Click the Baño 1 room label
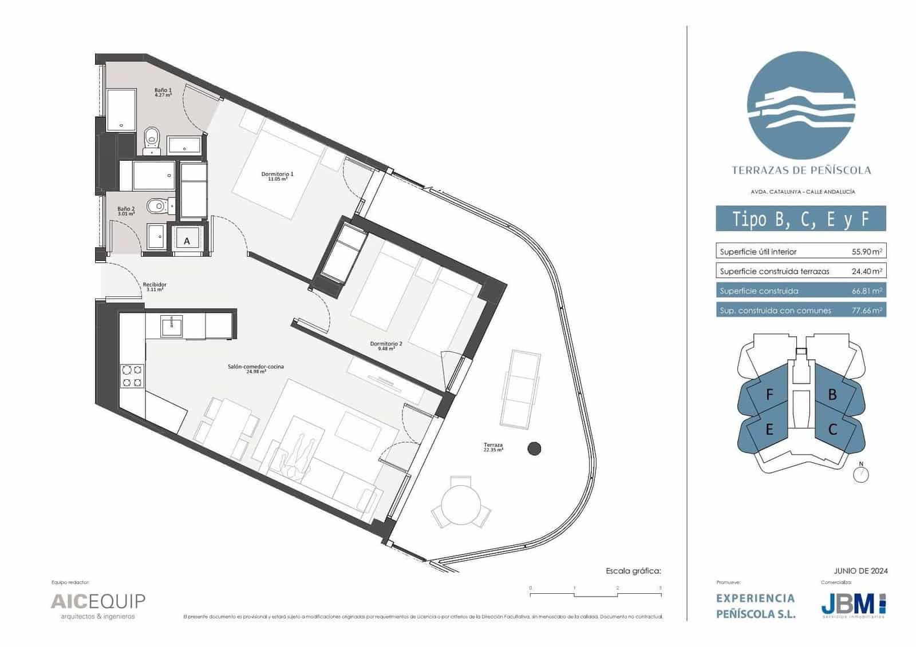coord(163,92)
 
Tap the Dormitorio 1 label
coord(277,176)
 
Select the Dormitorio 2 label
coord(386,345)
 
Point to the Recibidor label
coord(155,286)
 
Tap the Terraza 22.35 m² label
coord(493,447)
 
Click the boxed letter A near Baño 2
coord(187,241)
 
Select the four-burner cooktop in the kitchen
coord(132,376)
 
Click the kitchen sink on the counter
coord(171,326)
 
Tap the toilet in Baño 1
coord(152,137)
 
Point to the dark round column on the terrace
coord(534,449)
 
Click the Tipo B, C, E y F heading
coord(800,219)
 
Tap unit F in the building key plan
coord(769,394)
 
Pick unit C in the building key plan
coord(832,429)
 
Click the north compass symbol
coord(860,474)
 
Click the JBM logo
coord(853,605)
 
